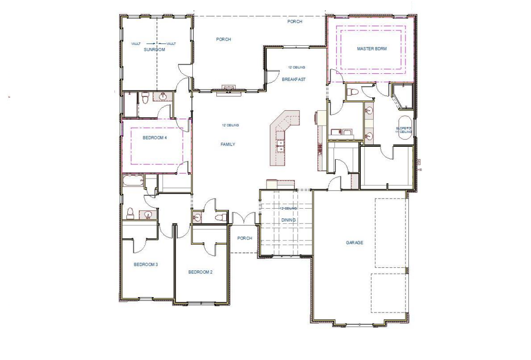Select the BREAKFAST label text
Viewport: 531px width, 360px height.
click(x=294, y=79)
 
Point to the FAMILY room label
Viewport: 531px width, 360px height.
click(x=228, y=144)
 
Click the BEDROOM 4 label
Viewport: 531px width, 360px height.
click(x=154, y=137)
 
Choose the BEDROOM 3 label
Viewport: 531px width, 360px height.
click(x=146, y=264)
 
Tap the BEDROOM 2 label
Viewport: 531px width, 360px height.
click(x=200, y=272)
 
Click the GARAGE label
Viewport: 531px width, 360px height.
click(x=355, y=242)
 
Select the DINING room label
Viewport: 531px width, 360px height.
click(x=288, y=220)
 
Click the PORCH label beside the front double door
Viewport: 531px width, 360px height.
click(x=245, y=238)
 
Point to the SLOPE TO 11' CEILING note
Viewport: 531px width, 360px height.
click(x=405, y=130)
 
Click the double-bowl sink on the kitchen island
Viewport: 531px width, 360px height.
click(x=280, y=146)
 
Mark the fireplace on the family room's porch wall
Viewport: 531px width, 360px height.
click(x=228, y=88)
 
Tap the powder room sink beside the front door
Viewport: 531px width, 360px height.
click(x=197, y=217)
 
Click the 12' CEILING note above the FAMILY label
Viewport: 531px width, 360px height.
click(x=230, y=125)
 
